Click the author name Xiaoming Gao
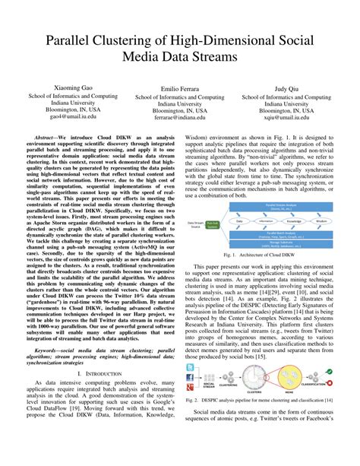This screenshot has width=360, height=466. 73,87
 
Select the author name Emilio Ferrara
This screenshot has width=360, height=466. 180,88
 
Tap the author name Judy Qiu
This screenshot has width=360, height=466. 286,88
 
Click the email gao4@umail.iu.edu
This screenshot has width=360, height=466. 73,117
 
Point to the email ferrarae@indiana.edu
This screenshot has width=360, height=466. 180,118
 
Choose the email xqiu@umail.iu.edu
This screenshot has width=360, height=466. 286,118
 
